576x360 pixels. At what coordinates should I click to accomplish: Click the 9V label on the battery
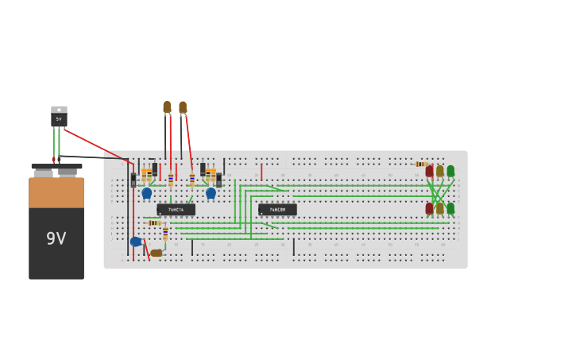(x=56, y=238)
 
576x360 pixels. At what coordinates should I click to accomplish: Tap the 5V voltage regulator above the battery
(x=59, y=117)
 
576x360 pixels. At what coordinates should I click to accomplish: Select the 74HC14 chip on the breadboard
(x=176, y=210)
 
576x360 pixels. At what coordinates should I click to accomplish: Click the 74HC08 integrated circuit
(x=277, y=210)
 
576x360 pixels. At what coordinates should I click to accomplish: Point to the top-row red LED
(x=430, y=171)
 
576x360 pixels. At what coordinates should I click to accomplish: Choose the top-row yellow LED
(x=440, y=171)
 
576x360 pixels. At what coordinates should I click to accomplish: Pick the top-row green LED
(x=450, y=171)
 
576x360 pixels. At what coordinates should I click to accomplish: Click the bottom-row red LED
(x=430, y=208)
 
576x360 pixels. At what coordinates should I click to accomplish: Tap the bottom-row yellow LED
(x=440, y=208)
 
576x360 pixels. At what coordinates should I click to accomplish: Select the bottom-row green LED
(x=450, y=208)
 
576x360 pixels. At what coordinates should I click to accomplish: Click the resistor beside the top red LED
(x=420, y=165)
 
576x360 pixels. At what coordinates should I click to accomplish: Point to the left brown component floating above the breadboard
(x=167, y=106)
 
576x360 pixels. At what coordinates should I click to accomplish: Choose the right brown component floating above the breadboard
(x=183, y=106)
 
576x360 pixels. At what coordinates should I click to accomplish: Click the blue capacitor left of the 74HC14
(x=146, y=192)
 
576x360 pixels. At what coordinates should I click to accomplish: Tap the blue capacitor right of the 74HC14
(x=211, y=192)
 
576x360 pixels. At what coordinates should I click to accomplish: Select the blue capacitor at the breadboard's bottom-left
(x=136, y=242)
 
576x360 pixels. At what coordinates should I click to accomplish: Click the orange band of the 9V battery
(x=56, y=193)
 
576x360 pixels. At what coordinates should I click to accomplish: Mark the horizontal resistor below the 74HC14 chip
(x=154, y=223)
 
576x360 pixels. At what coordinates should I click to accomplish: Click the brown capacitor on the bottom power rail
(x=157, y=253)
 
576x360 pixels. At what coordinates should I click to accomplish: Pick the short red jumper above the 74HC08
(x=261, y=172)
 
